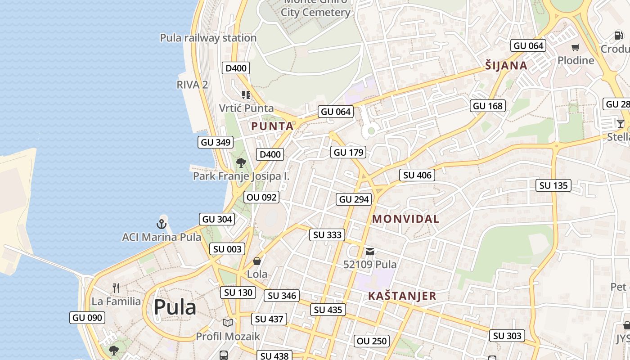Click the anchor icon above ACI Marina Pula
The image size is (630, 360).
tap(162, 224)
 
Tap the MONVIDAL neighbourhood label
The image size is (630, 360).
tap(405, 219)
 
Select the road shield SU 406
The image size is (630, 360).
tap(417, 175)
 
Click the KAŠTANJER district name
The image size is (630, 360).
tap(402, 296)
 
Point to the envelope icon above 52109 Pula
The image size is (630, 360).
tap(370, 252)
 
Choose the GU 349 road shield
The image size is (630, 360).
tap(216, 142)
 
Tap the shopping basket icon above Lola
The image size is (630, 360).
tap(257, 261)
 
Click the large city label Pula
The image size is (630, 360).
tap(175, 307)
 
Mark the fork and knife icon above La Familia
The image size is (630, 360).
tap(116, 288)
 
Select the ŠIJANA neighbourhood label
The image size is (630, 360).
tap(506, 66)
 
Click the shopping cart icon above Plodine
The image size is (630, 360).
tap(576, 47)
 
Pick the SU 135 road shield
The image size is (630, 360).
tap(553, 185)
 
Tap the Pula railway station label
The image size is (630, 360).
tap(208, 38)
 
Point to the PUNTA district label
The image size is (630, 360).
tap(272, 126)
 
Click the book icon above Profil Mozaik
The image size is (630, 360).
tap(228, 323)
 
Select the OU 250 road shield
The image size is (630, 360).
tap(371, 341)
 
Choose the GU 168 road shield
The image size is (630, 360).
tap(488, 106)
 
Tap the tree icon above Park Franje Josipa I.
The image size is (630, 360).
tap(241, 163)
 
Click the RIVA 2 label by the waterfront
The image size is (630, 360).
tap(192, 85)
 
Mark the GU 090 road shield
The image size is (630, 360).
tap(87, 318)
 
